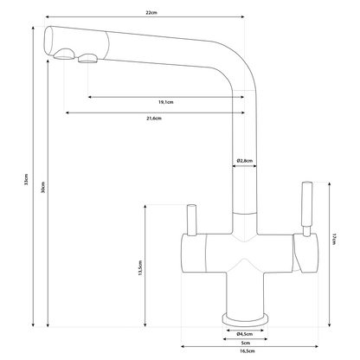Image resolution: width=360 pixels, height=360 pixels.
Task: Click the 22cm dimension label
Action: click(151, 13)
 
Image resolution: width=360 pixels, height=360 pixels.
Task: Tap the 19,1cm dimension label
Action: click(166, 102)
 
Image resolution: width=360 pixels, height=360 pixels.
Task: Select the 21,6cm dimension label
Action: click(154, 119)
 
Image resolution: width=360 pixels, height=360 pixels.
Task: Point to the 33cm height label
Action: click(26, 179)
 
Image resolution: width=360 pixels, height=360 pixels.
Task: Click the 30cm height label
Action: click(43, 187)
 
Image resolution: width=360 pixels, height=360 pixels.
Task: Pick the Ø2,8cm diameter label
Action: click(245, 161)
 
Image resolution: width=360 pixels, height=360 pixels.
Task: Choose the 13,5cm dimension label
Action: click(140, 268)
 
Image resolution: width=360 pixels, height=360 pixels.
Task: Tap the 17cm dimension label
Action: click(334, 239)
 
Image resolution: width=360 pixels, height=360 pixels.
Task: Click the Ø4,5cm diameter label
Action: click(245, 334)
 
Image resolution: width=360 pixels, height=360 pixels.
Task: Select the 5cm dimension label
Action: click(246, 343)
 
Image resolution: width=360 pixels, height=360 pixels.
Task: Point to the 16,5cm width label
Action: click(247, 351)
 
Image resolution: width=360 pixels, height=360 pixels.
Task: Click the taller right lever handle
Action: click(306, 209)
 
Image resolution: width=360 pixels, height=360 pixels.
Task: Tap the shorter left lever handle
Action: click(191, 220)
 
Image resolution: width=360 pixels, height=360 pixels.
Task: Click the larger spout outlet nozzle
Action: click(65, 55)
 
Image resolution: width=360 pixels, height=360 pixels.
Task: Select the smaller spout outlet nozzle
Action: click(87, 58)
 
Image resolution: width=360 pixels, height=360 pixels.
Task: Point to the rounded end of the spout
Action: click(48, 40)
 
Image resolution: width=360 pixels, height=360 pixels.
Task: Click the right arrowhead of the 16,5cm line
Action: click(316, 346)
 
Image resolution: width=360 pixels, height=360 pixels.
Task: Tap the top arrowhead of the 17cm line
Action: click(330, 184)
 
